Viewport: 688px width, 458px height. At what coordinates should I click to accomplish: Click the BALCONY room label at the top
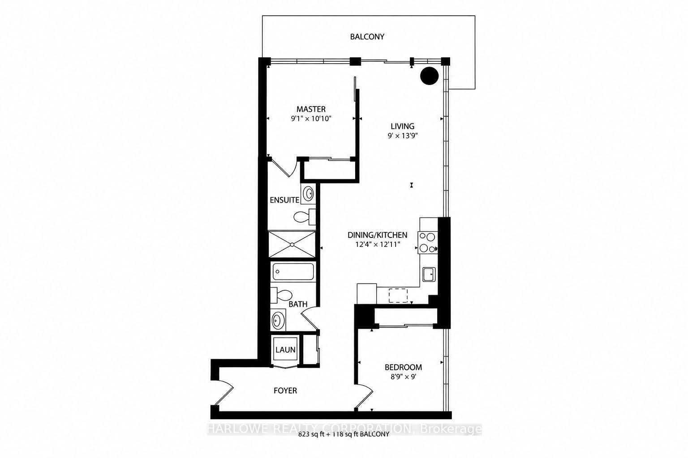367,37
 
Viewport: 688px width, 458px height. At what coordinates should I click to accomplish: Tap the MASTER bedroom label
311,109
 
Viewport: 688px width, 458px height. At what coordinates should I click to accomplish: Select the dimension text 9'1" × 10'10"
311,119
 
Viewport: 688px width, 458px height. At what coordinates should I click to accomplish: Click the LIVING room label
402,126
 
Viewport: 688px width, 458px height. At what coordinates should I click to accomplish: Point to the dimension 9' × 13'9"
403,136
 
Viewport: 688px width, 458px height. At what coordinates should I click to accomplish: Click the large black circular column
430,76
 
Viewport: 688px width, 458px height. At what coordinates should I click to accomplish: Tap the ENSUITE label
284,200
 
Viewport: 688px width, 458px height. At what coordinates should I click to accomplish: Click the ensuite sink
308,194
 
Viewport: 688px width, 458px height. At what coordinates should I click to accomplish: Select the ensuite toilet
305,216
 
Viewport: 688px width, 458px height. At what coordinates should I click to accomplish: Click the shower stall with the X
292,245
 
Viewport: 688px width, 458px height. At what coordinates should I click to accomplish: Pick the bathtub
293,271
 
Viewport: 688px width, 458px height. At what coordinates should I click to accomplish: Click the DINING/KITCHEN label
378,235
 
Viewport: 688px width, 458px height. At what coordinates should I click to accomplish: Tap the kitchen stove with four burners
428,243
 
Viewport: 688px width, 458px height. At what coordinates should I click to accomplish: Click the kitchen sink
429,274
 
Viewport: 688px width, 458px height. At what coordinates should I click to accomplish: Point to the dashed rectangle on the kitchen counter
398,295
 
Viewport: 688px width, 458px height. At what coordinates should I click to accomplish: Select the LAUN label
285,350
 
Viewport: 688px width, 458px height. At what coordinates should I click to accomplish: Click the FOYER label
285,390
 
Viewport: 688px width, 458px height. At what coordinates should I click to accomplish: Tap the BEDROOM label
403,367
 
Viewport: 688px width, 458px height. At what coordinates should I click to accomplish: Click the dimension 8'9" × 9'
403,377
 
